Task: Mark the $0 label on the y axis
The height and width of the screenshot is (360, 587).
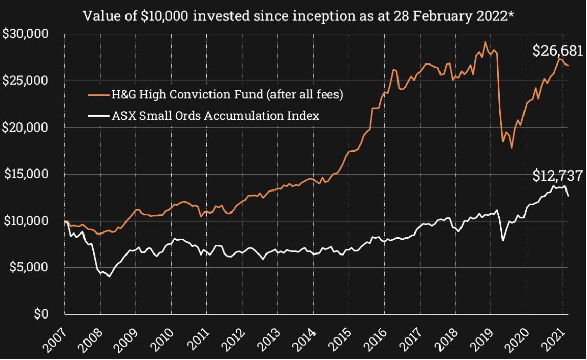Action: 40,313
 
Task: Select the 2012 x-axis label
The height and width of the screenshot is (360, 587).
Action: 234,339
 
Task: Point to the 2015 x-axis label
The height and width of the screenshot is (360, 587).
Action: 341,339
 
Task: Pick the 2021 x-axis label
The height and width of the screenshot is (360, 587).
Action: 554,339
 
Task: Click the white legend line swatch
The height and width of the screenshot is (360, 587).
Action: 98,116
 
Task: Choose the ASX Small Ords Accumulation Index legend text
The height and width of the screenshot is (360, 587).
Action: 216,116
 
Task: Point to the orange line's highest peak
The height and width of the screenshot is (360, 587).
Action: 485,42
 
